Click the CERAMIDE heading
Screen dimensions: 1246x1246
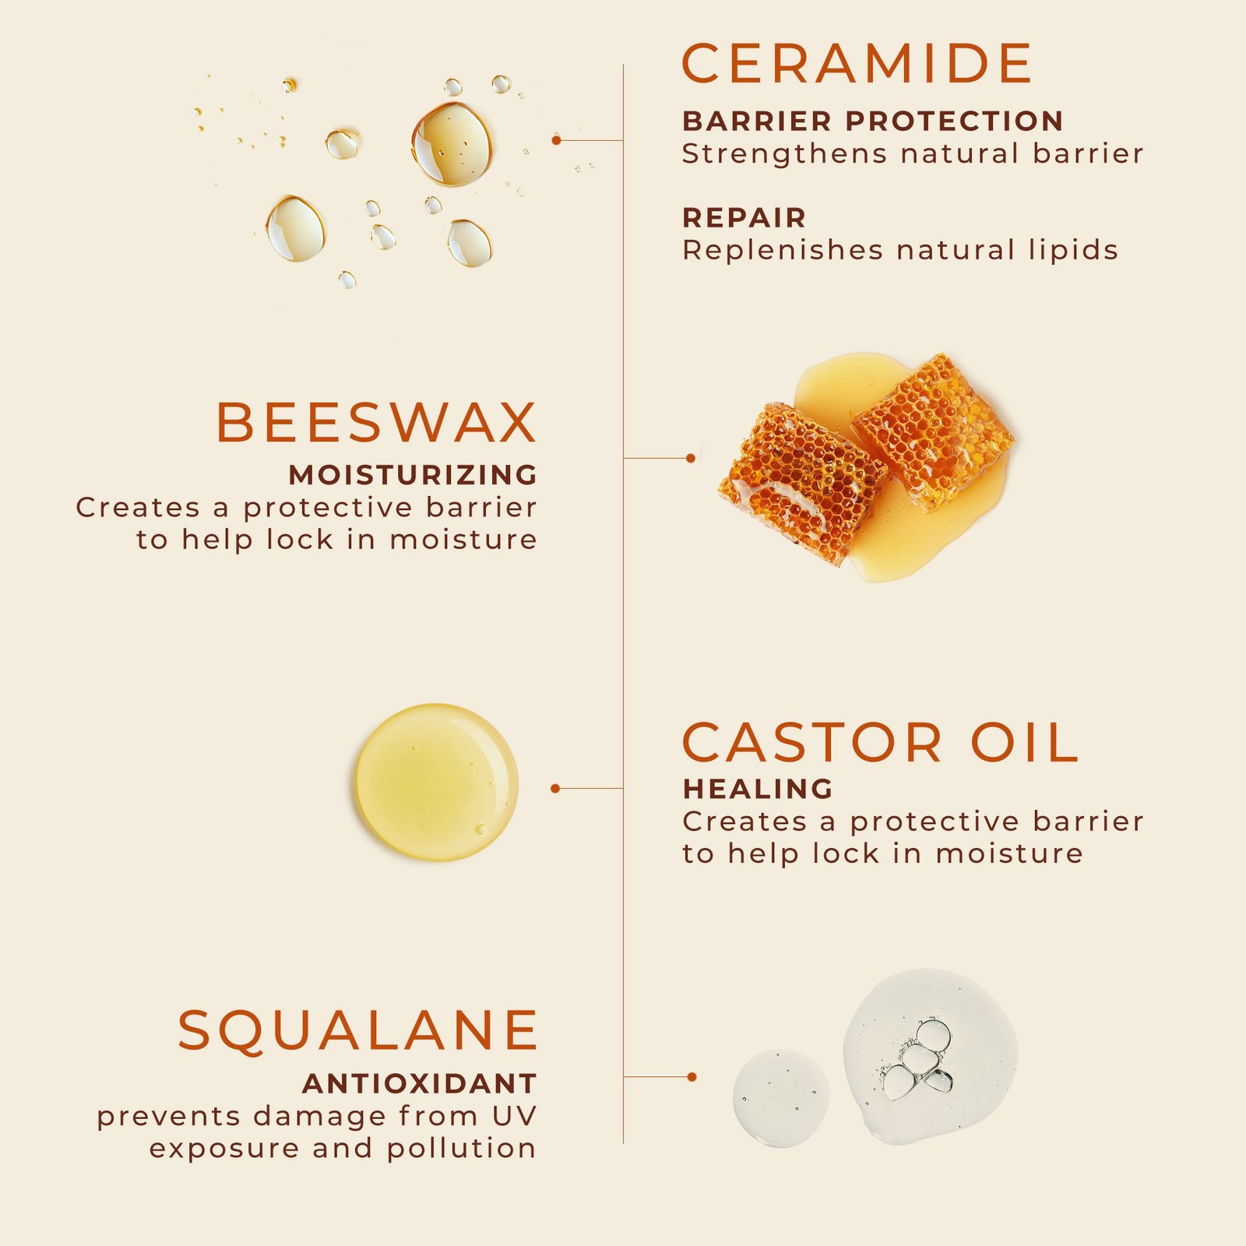click(857, 64)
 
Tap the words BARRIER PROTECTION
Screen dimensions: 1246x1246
click(872, 121)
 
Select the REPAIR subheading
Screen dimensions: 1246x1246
click(744, 218)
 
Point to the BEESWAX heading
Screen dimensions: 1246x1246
click(376, 423)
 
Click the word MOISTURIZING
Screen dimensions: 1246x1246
click(413, 475)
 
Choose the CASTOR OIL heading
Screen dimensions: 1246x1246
click(880, 743)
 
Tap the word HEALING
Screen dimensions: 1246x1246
click(758, 790)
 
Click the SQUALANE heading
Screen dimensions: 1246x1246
click(358, 1031)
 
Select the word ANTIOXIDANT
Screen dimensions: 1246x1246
click(420, 1084)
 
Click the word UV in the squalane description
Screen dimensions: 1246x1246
click(514, 1116)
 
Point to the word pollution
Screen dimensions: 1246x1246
click(461, 1149)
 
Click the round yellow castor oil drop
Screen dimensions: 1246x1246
click(437, 782)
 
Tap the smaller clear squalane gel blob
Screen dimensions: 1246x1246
click(780, 1098)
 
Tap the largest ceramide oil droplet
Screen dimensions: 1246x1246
click(452, 144)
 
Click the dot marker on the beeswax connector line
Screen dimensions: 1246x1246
click(691, 458)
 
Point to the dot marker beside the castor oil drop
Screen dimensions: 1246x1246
click(555, 789)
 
